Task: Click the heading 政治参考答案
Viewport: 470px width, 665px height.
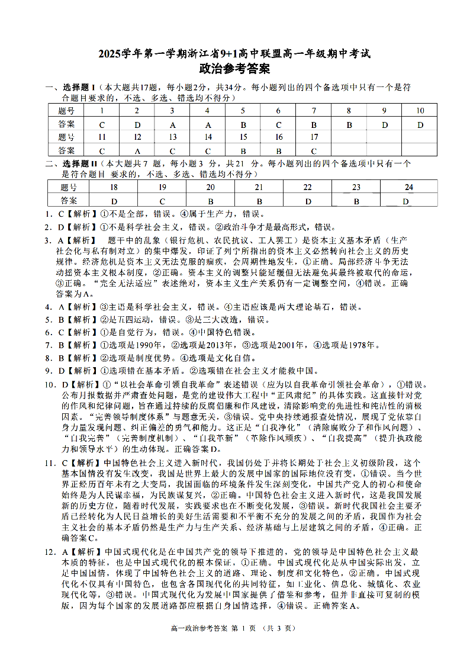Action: (234, 69)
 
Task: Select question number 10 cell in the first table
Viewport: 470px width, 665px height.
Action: (420, 111)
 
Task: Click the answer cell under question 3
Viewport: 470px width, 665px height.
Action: (173, 124)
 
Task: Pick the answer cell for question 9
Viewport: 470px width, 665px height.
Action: (385, 124)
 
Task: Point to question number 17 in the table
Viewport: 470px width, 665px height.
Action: (314, 137)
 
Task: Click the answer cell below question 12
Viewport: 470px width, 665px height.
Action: (137, 150)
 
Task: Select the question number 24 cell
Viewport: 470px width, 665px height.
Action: (408, 187)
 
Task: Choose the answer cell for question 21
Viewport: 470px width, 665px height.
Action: (259, 201)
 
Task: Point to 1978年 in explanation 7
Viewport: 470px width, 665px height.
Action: (345, 345)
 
